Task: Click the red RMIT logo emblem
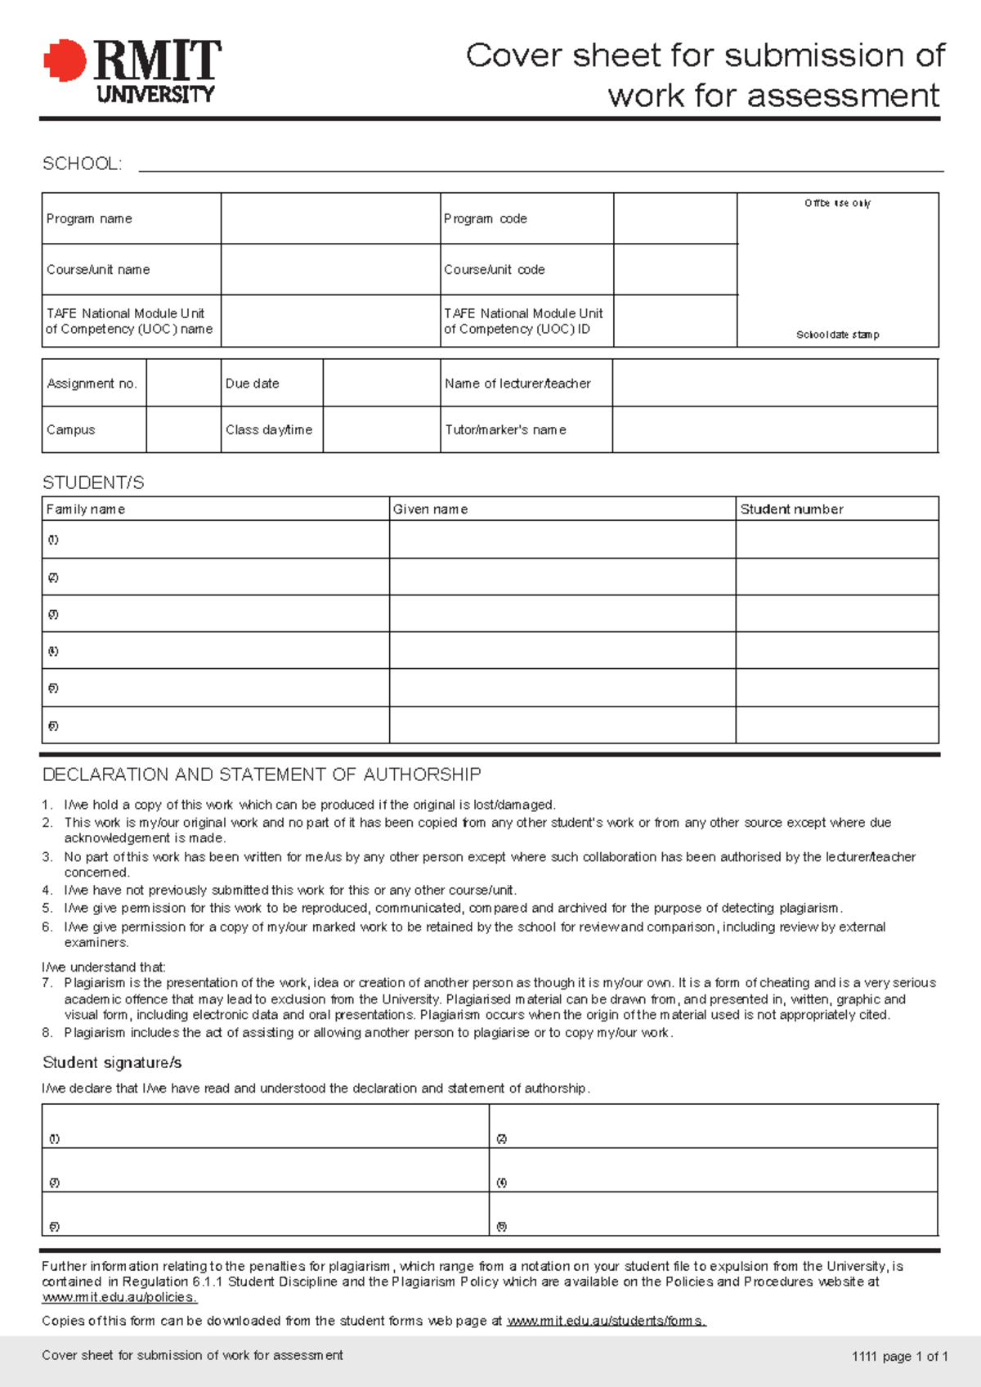(x=65, y=61)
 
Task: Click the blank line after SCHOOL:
(x=540, y=165)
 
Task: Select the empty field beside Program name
(x=330, y=218)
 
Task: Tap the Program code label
(x=485, y=218)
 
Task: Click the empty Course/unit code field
(x=674, y=269)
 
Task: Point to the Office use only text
(x=837, y=203)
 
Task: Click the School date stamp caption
(x=837, y=334)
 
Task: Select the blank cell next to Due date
(x=381, y=383)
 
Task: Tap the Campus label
(x=71, y=429)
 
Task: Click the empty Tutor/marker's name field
(x=774, y=429)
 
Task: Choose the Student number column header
(x=791, y=509)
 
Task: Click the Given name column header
(x=430, y=509)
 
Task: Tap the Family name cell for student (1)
(x=215, y=540)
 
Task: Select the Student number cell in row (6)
(x=836, y=725)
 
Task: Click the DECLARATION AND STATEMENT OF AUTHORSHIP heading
(x=262, y=774)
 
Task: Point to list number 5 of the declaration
(x=47, y=908)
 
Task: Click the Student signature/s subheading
(x=112, y=1062)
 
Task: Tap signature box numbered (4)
(x=713, y=1170)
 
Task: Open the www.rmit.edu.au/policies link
(x=119, y=1297)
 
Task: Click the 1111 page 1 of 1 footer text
(x=899, y=1356)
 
